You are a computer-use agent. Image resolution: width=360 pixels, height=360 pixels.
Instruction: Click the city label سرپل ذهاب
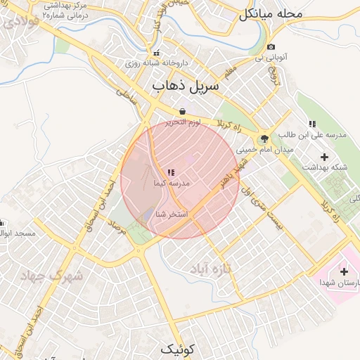point(186,86)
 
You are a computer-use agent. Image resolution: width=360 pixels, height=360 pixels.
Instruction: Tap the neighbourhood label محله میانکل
point(270,13)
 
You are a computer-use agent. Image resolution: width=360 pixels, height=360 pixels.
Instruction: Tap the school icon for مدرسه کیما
point(171,172)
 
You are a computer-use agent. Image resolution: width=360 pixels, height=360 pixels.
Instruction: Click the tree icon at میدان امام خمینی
point(264,139)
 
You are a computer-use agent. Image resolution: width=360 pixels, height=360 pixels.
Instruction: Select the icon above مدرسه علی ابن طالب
point(312,124)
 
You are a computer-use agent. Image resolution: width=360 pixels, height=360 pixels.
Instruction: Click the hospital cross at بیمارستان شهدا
point(344,271)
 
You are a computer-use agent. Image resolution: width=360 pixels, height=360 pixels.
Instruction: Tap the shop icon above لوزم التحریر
point(183,111)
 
